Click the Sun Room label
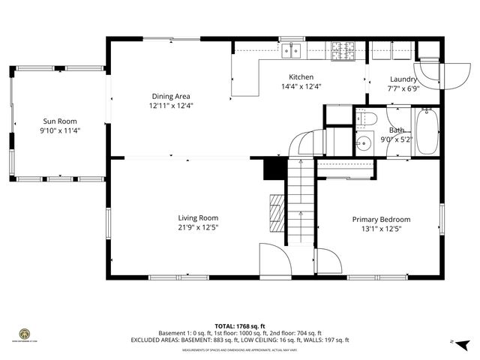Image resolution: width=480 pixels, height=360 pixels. tap(59, 121)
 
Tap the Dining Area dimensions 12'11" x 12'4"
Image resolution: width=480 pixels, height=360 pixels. tap(170, 106)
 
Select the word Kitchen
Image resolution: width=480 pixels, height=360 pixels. tap(301, 77)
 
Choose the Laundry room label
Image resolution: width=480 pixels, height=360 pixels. tap(404, 79)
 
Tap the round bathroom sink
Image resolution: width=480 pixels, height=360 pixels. tap(365, 142)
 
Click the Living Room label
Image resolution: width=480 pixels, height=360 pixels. tap(198, 217)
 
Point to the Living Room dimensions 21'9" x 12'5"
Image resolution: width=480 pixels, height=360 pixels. tap(198, 227)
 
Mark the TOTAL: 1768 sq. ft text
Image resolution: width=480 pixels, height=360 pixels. tap(240, 326)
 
